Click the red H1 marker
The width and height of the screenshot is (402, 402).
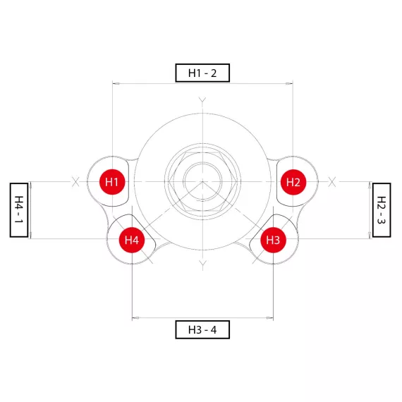click(x=112, y=182)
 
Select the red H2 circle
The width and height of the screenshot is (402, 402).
click(x=293, y=182)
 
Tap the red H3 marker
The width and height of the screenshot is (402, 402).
click(x=274, y=240)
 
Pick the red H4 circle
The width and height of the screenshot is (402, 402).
click(x=132, y=240)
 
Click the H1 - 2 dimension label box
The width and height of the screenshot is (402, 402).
click(x=202, y=73)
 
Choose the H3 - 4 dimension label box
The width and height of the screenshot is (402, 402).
click(x=202, y=329)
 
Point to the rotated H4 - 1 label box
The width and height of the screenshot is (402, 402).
click(x=19, y=210)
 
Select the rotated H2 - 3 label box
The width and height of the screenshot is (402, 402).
click(x=382, y=210)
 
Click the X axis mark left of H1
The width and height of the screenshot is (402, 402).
click(x=75, y=182)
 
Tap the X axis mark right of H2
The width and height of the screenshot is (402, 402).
click(x=332, y=182)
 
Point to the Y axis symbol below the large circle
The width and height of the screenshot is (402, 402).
click(x=202, y=265)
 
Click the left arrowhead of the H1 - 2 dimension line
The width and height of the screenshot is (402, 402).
click(x=116, y=84)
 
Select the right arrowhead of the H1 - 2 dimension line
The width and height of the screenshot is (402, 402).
click(x=289, y=84)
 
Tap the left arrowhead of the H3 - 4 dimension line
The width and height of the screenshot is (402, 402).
click(x=135, y=318)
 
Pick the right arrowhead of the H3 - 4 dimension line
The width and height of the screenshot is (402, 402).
click(x=269, y=318)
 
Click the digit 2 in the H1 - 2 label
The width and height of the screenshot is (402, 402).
click(x=214, y=73)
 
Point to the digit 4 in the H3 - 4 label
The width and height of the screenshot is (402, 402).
click(x=214, y=329)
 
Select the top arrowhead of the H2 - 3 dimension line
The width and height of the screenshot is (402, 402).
click(x=370, y=185)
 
